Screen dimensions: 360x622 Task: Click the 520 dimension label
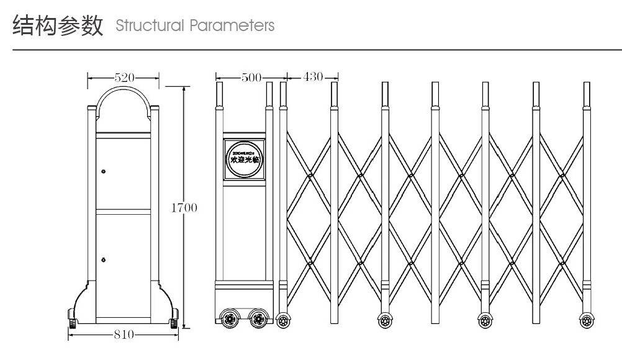pos(124,78)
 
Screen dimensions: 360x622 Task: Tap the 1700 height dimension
pos(184,207)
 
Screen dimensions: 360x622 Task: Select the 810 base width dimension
pos(124,335)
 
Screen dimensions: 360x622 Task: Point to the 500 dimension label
pos(251,78)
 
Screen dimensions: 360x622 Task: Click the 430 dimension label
pos(313,77)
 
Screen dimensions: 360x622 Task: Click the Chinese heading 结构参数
pos(57,26)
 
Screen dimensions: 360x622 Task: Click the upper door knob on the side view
pos(104,171)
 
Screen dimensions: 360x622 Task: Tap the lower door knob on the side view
pos(104,258)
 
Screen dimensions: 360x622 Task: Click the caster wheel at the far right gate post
pos(586,321)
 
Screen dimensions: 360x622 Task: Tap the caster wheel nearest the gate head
pos(284,321)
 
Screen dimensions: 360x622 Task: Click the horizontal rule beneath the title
pos(310,49)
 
